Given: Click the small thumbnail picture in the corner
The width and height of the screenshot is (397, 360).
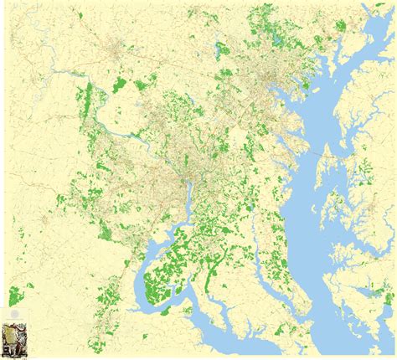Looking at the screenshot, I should tap(13, 338).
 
